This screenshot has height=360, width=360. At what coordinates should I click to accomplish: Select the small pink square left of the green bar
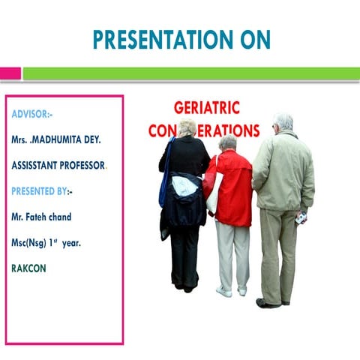coord(10,73)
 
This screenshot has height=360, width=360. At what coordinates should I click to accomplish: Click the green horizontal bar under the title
coord(187,73)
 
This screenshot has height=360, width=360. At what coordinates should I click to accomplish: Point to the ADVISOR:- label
coord(32,115)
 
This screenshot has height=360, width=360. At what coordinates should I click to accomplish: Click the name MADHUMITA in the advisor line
coord(70,140)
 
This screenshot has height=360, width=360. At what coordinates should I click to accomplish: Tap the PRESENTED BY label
coord(40,191)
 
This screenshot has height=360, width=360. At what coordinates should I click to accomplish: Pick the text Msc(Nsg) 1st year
coord(46,242)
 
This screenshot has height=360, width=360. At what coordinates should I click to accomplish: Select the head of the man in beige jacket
coord(283,122)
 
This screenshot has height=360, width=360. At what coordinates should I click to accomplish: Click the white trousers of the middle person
coord(232,255)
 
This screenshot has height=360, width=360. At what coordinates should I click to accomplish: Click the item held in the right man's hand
coord(301,218)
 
